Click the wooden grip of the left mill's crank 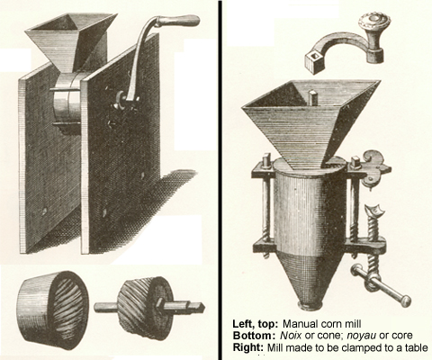point(177,21)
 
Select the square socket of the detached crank point(315,62)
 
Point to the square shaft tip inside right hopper point(313,98)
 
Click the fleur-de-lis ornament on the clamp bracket point(376,168)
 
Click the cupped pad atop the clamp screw point(375,210)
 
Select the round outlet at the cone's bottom point(310,305)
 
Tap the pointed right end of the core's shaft point(203,306)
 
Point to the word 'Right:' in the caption point(248,347)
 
